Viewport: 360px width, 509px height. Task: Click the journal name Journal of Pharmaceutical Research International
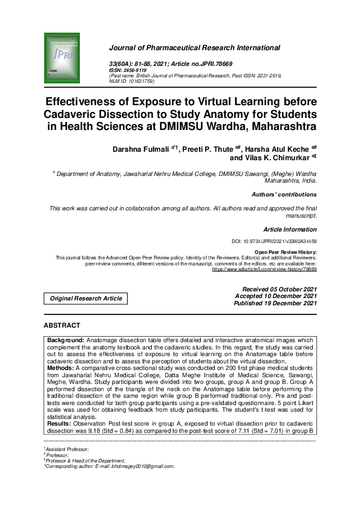click(194, 48)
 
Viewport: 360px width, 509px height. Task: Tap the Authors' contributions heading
click(284, 195)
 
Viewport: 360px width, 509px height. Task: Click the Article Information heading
click(290, 230)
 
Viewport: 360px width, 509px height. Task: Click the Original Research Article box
click(85, 298)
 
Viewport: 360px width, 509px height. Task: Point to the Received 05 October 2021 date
click(279, 289)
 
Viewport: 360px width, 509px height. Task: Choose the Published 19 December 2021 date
click(275, 303)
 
